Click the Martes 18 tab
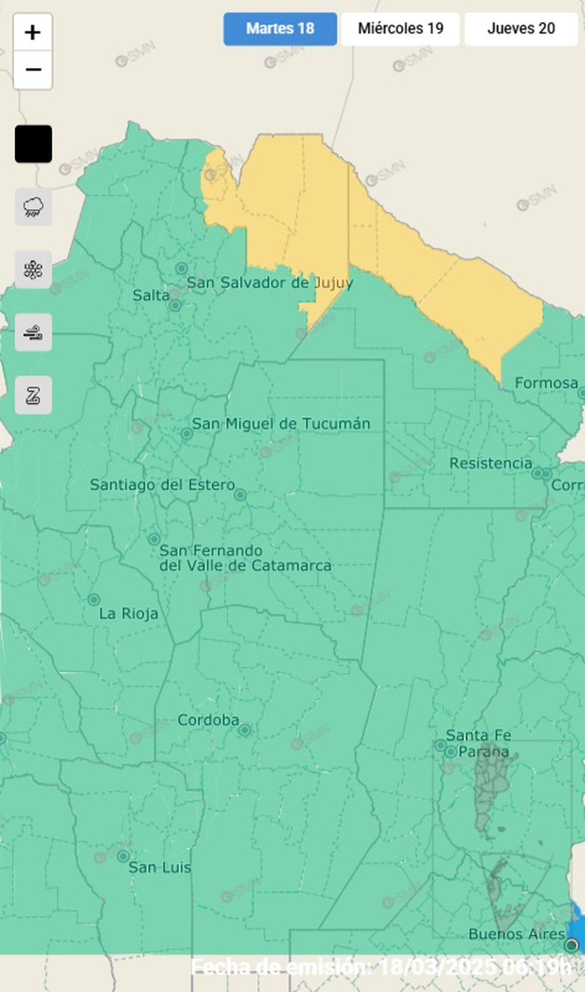pos(280,29)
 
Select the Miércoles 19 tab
pos(400,29)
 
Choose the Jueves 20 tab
pos(521,29)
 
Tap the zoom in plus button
pos(33,33)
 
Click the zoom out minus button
pos(33,70)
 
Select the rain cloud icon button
pos(33,207)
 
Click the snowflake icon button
pos(33,270)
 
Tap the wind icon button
pos(33,333)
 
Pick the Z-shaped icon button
pos(33,395)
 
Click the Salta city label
pos(151,295)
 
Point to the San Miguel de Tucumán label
pos(281,423)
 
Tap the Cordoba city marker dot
pos(245,730)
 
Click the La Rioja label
pos(129,614)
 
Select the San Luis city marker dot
pos(123,856)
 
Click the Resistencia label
pos(490,463)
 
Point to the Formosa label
pos(546,383)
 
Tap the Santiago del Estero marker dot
pos(240,495)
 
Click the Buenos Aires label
pos(517,934)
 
